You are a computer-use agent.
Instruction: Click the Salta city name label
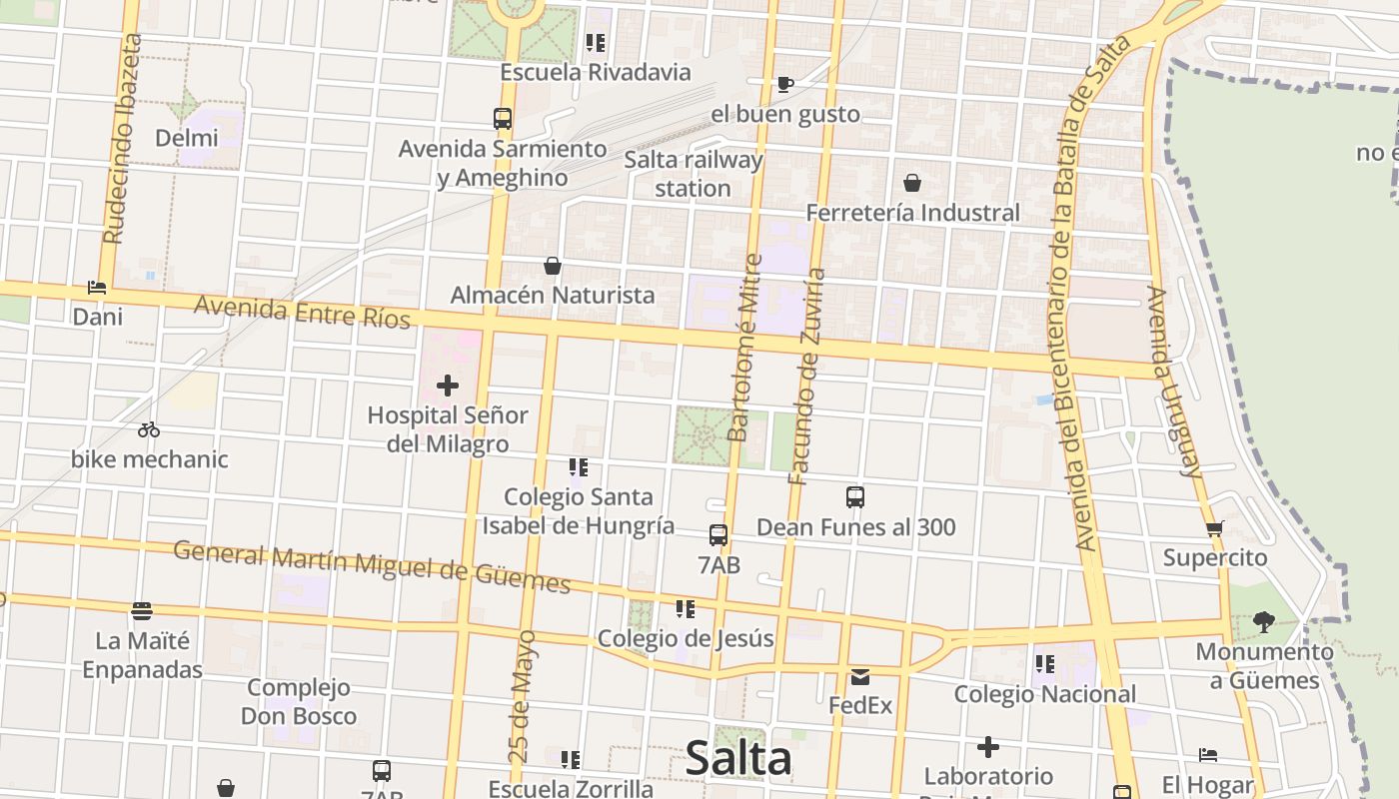coord(738,759)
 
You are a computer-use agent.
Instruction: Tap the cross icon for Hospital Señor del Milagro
coord(448,385)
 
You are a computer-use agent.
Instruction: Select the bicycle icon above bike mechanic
coord(149,429)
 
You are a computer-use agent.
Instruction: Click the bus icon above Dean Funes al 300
coord(855,496)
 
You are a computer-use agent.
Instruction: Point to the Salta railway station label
coord(693,174)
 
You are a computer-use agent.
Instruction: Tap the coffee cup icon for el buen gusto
coord(785,84)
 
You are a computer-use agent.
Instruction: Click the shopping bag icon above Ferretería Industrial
coord(911,183)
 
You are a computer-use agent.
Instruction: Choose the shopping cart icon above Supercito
coord(1214,528)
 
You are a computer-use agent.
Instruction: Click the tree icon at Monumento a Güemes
coord(1264,622)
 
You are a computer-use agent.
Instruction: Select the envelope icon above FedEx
coord(860,677)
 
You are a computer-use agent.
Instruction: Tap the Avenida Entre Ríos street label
coord(302,311)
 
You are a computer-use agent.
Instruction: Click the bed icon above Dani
coord(97,288)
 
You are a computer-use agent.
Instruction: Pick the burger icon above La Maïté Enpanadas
coord(142,610)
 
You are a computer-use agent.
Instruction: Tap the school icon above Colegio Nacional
coord(1045,664)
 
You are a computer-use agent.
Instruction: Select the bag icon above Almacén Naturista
coord(552,266)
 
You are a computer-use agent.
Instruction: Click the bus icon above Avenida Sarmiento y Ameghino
coord(503,119)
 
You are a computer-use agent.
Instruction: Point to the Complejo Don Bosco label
coord(299,701)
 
